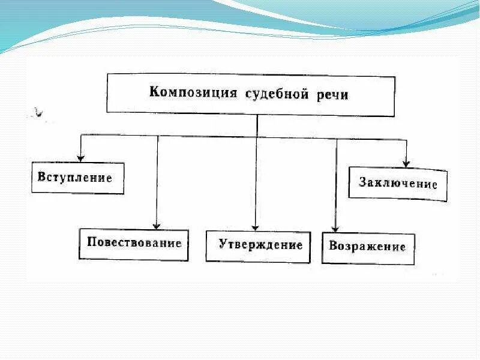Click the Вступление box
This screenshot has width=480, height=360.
pyautogui.click(x=77, y=178)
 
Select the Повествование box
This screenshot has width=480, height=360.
pyautogui.click(x=134, y=244)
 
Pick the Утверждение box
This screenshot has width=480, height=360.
pyautogui.click(x=258, y=246)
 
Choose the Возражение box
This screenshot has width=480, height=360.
pyautogui.click(x=368, y=247)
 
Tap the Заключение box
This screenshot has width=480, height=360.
pyautogui.click(x=398, y=183)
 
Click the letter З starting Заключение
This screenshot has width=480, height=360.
pyautogui.click(x=363, y=181)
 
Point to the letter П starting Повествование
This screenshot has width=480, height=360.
pyautogui.click(x=91, y=242)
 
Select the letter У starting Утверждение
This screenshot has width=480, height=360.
pyautogui.click(x=222, y=245)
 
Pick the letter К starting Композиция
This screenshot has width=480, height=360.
pyautogui.click(x=154, y=92)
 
